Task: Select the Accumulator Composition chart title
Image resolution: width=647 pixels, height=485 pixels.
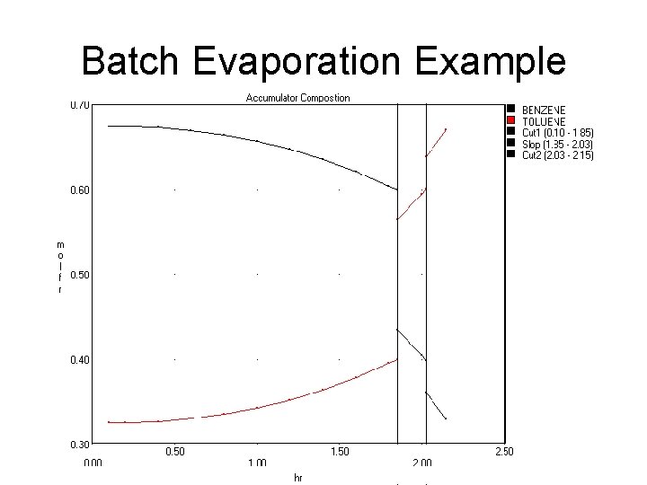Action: click(x=297, y=97)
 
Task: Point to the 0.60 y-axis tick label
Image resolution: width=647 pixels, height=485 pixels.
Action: click(x=80, y=190)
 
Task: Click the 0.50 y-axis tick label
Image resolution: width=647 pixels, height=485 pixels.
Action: click(x=80, y=275)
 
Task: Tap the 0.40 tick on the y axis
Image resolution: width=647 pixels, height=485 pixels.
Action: click(x=80, y=359)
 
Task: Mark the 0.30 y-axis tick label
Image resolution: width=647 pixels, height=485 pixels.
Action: click(x=80, y=444)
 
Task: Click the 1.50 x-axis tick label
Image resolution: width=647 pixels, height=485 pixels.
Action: click(x=339, y=452)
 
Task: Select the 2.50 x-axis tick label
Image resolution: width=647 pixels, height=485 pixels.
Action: click(x=504, y=452)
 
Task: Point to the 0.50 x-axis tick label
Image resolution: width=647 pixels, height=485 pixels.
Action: click(x=174, y=452)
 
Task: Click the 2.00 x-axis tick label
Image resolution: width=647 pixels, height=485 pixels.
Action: click(x=421, y=463)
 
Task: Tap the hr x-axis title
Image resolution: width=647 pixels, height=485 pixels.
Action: click(x=297, y=478)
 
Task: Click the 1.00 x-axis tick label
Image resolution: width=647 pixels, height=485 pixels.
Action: click(x=257, y=463)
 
